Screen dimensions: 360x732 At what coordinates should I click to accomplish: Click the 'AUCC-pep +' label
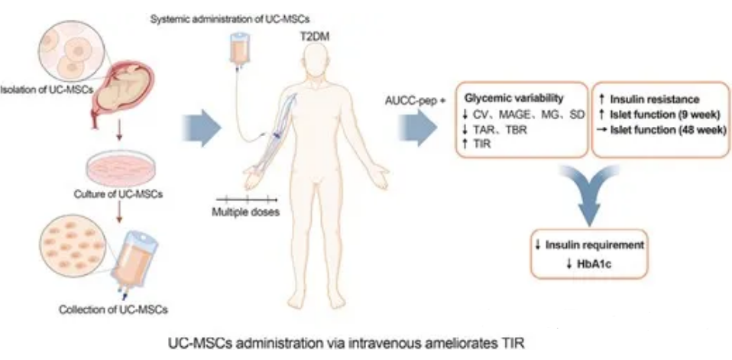coord(418,99)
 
